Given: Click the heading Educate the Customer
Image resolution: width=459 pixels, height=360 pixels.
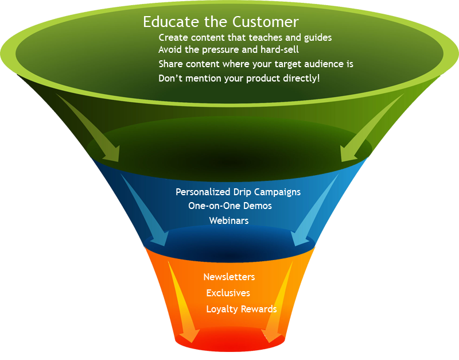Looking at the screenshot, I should click(221, 22).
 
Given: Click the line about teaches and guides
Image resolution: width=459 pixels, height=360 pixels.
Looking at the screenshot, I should click(245, 37).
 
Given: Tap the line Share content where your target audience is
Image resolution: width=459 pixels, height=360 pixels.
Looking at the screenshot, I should click(256, 64).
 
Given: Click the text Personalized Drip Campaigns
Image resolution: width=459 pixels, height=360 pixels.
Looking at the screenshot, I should click(238, 192).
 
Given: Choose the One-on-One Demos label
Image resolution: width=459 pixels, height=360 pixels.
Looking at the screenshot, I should click(230, 206).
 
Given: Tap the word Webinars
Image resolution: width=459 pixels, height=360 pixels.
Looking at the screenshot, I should click(229, 220).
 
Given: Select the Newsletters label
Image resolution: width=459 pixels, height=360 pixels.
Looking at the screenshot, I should click(229, 277).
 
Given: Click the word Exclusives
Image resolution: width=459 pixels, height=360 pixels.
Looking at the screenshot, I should click(228, 293).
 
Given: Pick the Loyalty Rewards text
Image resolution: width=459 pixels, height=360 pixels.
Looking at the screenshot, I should click(242, 309).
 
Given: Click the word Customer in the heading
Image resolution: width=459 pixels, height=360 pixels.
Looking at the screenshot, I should click(266, 22).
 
